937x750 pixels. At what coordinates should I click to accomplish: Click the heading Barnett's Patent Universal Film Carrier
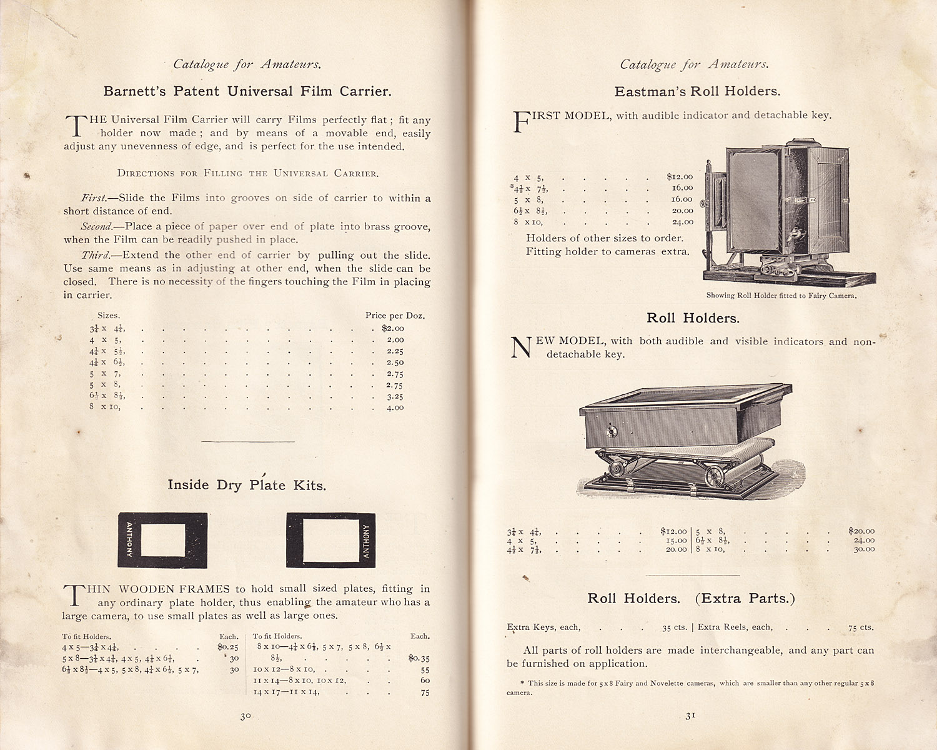coord(247,91)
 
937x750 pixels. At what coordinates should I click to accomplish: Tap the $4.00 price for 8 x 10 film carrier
coord(395,407)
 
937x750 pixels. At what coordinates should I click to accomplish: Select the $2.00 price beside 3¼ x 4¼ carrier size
coord(393,328)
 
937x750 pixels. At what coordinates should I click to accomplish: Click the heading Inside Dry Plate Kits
coord(247,485)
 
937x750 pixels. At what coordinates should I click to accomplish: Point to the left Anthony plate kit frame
coord(162,540)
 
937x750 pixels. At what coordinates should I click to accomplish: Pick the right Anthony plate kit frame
coord(331,540)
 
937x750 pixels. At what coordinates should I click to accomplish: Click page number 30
coord(245,716)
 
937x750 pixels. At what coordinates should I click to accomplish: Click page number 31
coord(690,716)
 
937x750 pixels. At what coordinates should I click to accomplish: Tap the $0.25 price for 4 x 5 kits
coord(228,647)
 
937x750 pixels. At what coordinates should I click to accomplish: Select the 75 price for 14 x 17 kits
coord(425,692)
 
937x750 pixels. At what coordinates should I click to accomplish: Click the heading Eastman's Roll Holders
coord(697,91)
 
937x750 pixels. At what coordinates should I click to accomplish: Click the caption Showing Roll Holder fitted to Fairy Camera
coord(781,296)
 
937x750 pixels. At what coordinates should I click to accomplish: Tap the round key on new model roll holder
coord(612,431)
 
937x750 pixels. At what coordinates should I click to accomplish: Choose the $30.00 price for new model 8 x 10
coord(864,549)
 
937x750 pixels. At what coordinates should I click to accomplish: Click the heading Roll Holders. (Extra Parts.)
coord(691,598)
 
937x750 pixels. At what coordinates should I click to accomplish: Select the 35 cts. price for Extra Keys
coord(675,627)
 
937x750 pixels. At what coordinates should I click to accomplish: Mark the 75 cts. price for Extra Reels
coord(861,627)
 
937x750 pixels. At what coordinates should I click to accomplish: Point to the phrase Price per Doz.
coord(395,316)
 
